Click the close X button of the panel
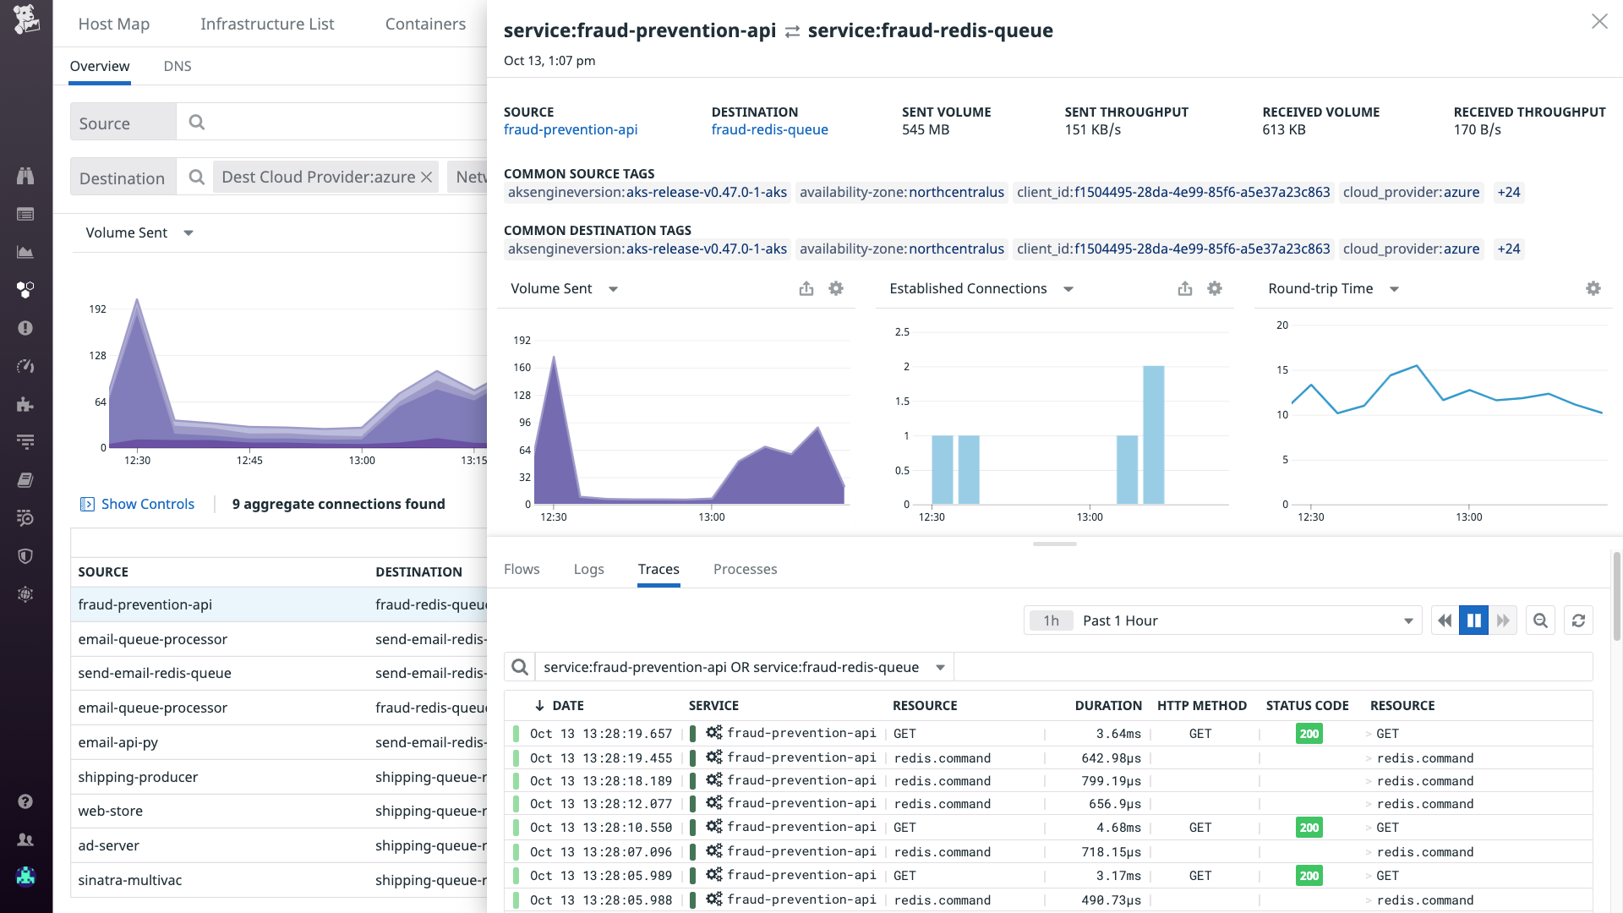click(1598, 22)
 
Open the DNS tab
click(177, 66)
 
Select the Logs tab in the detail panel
click(588, 569)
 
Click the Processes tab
click(745, 569)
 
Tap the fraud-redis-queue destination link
click(769, 129)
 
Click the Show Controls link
click(147, 504)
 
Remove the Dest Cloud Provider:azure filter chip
click(427, 178)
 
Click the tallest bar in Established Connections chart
click(1153, 435)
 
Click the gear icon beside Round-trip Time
click(1593, 288)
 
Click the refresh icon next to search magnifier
click(1578, 621)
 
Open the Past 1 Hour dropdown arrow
click(1408, 621)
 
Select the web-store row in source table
click(111, 811)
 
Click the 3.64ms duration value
click(1118, 734)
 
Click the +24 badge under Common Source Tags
click(1508, 192)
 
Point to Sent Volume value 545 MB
click(925, 129)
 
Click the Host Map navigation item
click(113, 24)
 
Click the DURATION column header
click(1107, 705)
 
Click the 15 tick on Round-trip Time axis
click(1282, 370)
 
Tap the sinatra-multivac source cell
click(130, 880)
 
